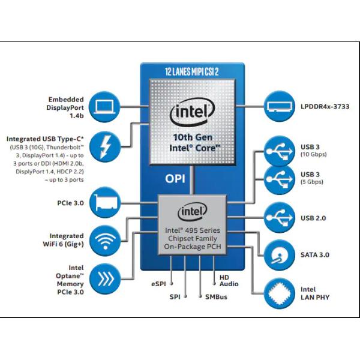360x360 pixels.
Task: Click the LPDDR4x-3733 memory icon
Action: coord(281,107)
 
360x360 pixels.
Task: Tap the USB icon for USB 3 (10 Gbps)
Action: coord(281,151)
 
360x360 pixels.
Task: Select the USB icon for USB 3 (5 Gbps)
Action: coord(281,179)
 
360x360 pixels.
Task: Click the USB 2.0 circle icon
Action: coord(281,217)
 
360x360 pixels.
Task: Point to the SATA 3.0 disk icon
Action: coord(281,256)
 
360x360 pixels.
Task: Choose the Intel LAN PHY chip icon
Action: coord(281,293)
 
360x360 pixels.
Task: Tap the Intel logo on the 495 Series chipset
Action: coord(192,212)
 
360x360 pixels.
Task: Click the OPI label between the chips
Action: coord(176,179)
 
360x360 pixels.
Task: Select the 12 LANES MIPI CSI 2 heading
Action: coord(192,71)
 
